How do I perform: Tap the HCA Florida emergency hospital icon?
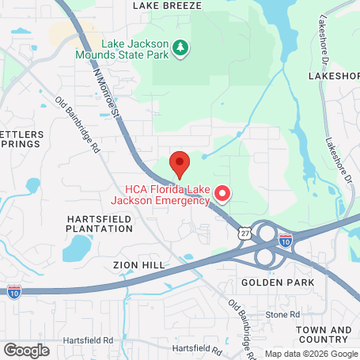point(223,192)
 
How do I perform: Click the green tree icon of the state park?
point(182,49)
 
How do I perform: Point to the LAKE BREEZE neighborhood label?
point(168,6)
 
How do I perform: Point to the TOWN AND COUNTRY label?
point(324,335)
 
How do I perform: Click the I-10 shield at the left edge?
point(14,292)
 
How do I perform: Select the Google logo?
point(26,349)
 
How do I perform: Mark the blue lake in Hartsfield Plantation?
point(78,249)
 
